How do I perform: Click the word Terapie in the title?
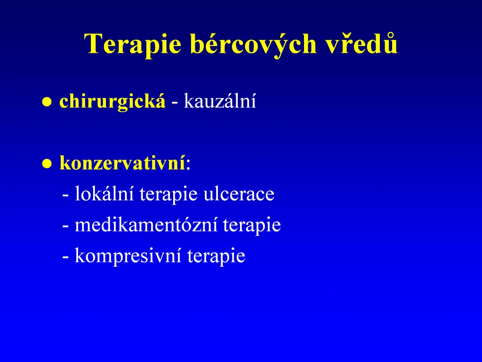coord(133,44)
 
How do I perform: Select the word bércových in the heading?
coord(253,43)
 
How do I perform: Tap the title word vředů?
coord(361,42)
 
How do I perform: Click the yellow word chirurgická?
coord(112,101)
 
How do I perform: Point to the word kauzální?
coord(220,100)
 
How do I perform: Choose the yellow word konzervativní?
coord(123,162)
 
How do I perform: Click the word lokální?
coord(104,193)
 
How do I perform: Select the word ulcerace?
coord(239,194)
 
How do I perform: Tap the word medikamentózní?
coord(146,224)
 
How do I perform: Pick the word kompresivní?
coord(128,256)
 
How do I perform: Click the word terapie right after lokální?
coord(169,195)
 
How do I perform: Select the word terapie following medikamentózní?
coord(252,225)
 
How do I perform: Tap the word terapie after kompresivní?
coord(216,256)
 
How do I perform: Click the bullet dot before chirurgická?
coord(47,102)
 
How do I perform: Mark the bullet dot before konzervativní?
coord(47,164)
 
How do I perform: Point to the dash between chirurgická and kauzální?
coord(174,103)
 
